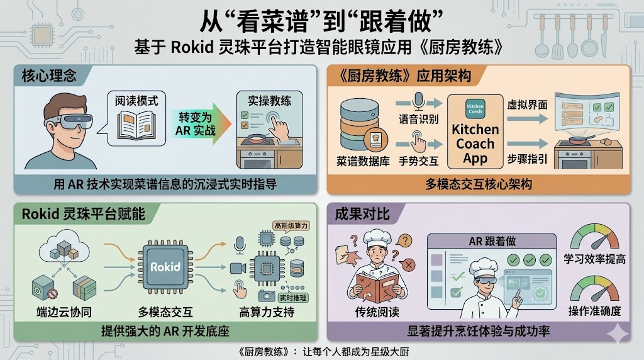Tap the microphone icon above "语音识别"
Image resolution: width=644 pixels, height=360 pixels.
418,101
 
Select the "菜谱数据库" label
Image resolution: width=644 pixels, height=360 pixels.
360,160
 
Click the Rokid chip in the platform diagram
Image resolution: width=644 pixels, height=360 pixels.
165,267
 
